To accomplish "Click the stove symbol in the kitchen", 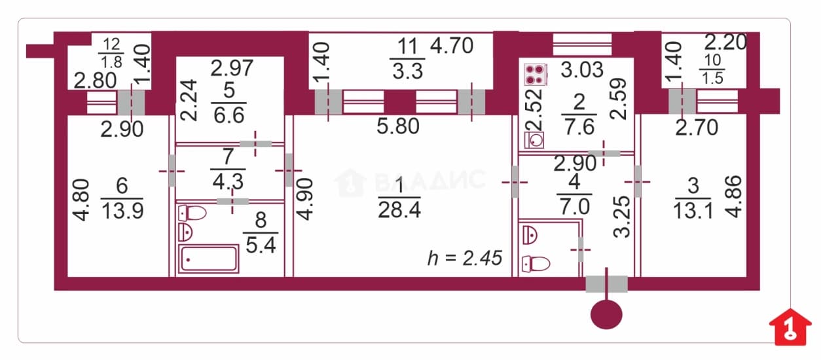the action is [x=536, y=75].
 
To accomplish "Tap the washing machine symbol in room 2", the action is [x=534, y=140].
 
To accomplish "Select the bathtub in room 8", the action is [x=209, y=259].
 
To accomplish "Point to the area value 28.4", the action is [x=399, y=210].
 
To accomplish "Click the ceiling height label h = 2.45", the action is [x=465, y=258].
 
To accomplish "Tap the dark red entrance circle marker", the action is [x=606, y=315].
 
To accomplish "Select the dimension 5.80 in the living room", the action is [x=398, y=126].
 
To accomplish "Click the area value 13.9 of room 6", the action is [x=122, y=211].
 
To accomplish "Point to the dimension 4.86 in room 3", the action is [x=733, y=197].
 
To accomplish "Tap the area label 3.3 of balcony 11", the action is [x=408, y=71].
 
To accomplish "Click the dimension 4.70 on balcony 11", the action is [x=452, y=46].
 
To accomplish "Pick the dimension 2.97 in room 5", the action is [x=232, y=68].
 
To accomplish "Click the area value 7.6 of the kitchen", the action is [x=579, y=127].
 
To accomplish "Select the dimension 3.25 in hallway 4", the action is [x=622, y=217].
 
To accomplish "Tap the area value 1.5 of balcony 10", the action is [x=712, y=78].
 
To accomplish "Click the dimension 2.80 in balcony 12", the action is [x=95, y=81].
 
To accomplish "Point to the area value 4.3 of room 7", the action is [x=228, y=181].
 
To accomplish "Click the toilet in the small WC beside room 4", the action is [x=536, y=264].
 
